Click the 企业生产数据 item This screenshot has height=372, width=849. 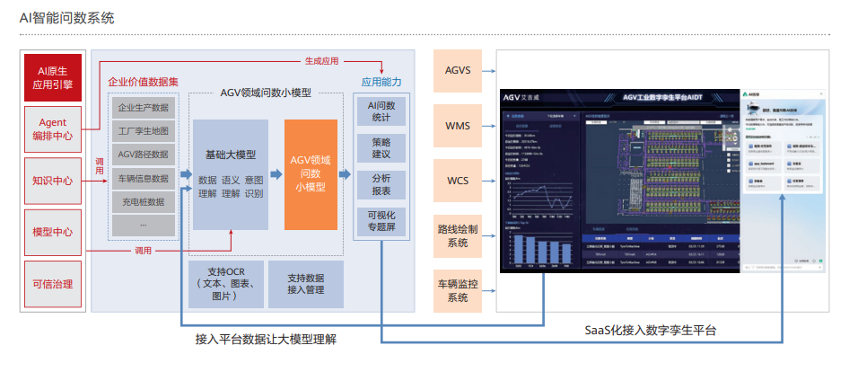pos(144,108)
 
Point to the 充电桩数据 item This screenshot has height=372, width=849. pos(144,201)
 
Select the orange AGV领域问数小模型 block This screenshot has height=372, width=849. pos(311,173)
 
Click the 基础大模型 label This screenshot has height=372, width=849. pos(231,155)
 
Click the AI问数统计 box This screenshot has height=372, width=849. pos(381,111)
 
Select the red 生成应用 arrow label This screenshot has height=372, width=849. pos(320,61)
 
